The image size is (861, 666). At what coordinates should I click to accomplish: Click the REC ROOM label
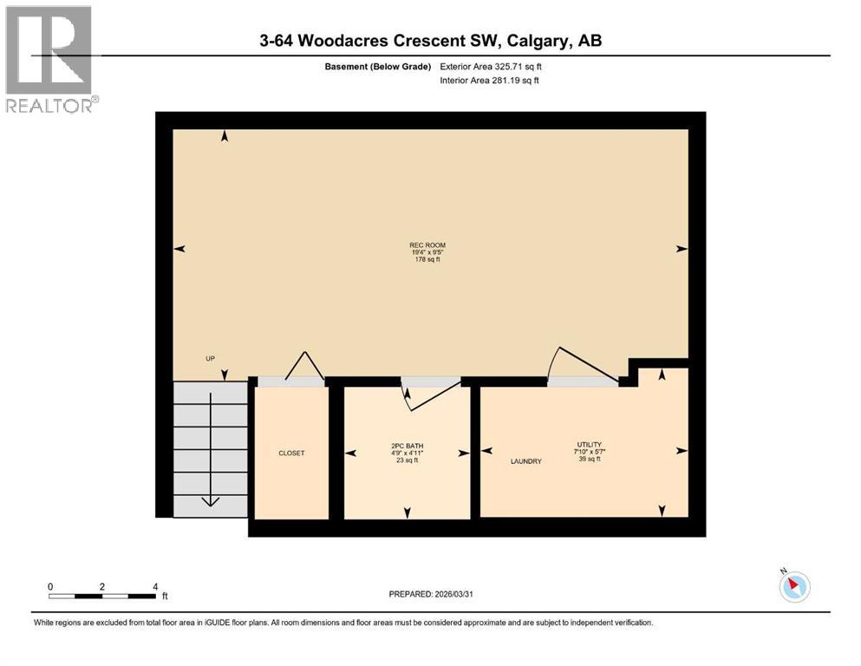click(x=427, y=245)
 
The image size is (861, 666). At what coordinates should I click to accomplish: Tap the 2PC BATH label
click(x=407, y=446)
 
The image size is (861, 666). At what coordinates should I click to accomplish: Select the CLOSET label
click(x=291, y=454)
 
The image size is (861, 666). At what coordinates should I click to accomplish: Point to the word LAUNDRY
click(x=525, y=461)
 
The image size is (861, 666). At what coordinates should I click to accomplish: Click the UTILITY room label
click(x=590, y=444)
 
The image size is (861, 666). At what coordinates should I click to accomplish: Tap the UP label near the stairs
click(x=210, y=358)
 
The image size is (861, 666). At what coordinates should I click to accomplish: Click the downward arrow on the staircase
click(x=211, y=501)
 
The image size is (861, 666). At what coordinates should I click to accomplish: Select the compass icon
click(x=793, y=586)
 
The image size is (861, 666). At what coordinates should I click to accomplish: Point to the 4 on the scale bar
click(x=154, y=586)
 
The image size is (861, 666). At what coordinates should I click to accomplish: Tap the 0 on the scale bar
click(x=50, y=586)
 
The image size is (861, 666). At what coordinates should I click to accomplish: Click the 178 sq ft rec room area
click(x=427, y=259)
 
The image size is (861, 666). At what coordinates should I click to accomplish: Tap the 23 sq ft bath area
click(x=407, y=460)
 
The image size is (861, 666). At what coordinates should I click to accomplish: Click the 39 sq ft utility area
click(x=590, y=459)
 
